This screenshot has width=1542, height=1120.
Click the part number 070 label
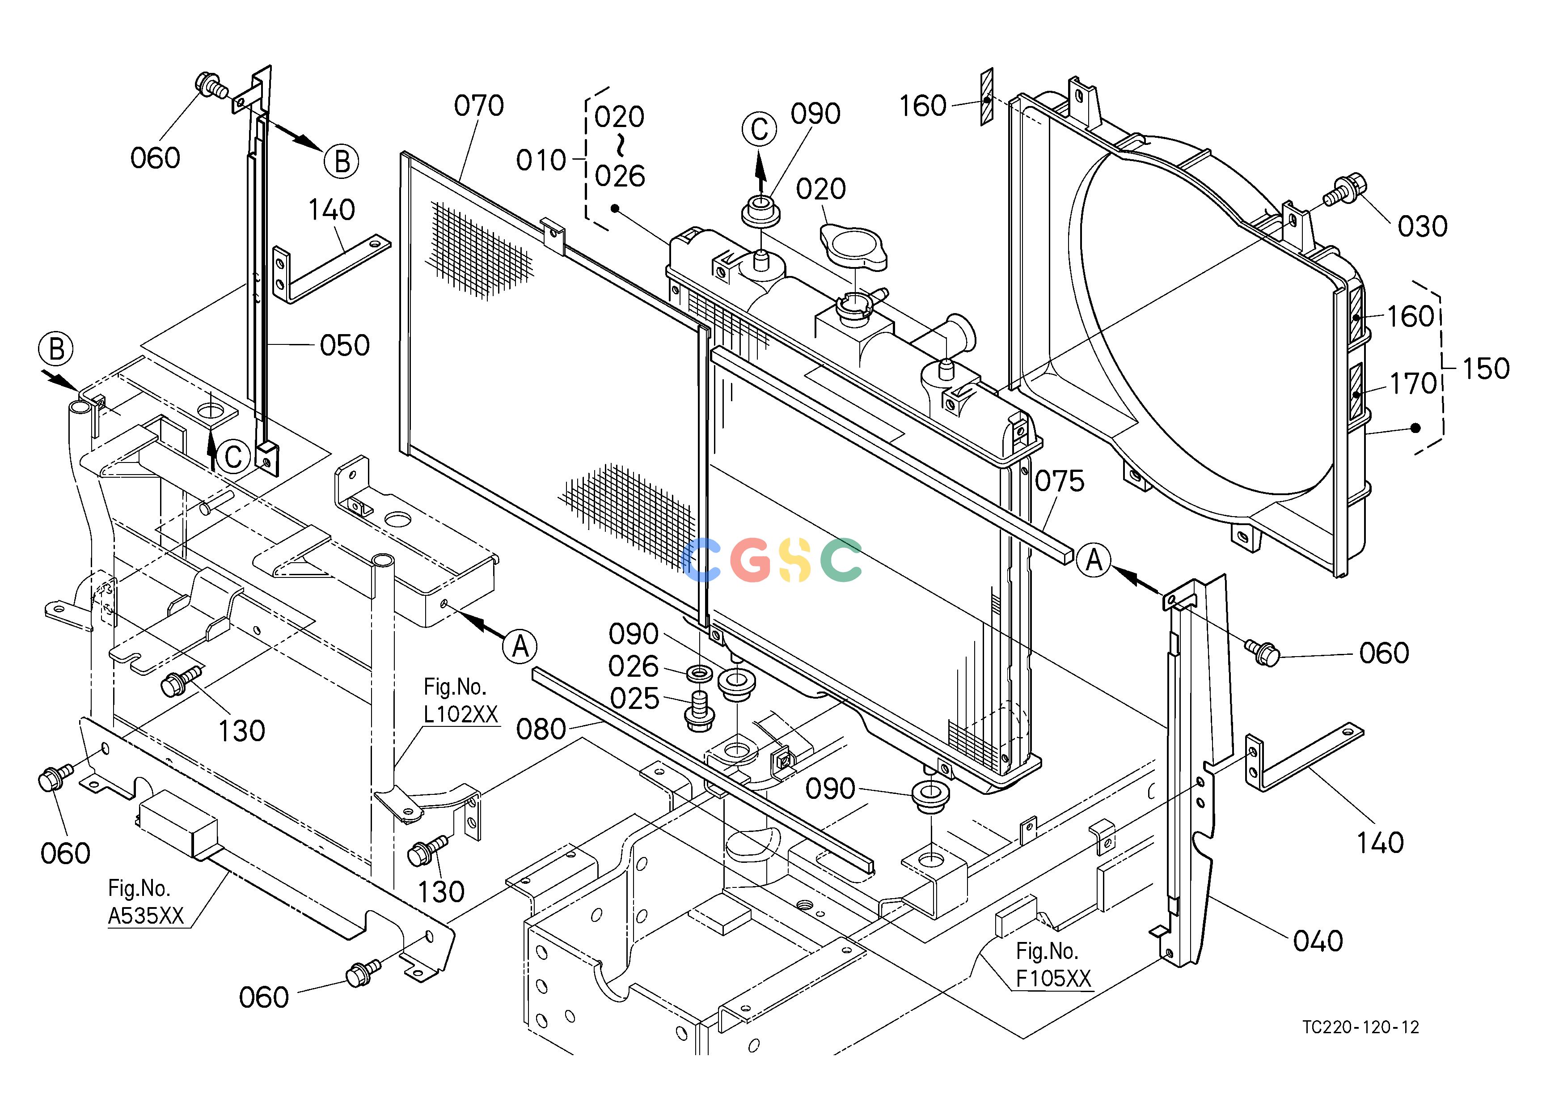[x=479, y=106]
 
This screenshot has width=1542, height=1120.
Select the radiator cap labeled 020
[x=853, y=248]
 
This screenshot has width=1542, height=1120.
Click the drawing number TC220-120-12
[x=1360, y=1027]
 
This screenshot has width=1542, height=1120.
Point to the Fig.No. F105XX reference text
[x=1053, y=964]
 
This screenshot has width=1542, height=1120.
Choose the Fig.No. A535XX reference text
[x=146, y=902]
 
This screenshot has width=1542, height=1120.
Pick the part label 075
[x=1059, y=481]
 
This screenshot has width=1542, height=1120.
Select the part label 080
[x=541, y=730]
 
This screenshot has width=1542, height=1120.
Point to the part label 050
[x=345, y=345]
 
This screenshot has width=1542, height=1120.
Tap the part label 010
[x=541, y=161]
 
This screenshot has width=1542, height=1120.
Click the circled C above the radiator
[x=760, y=129]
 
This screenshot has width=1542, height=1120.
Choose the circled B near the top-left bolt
[x=341, y=161]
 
